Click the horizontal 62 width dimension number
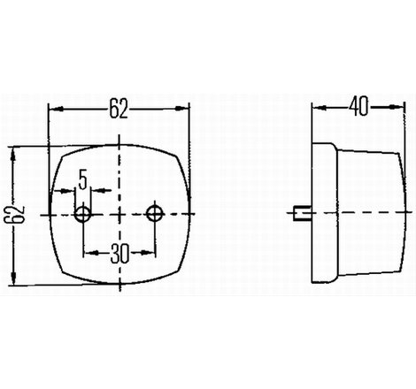(119, 109)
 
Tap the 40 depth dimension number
(358, 106)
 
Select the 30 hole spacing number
(119, 254)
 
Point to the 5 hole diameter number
(83, 179)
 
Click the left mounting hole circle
(83, 214)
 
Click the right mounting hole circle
(155, 213)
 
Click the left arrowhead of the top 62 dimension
(57, 109)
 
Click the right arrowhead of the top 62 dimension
(182, 109)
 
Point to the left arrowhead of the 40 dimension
(320, 108)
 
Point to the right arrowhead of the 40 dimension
(397, 107)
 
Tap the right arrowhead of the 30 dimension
(147, 252)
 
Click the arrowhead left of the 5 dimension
(67, 191)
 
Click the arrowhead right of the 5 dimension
(99, 190)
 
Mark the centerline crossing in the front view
(119, 214)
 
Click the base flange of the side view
(324, 213)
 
